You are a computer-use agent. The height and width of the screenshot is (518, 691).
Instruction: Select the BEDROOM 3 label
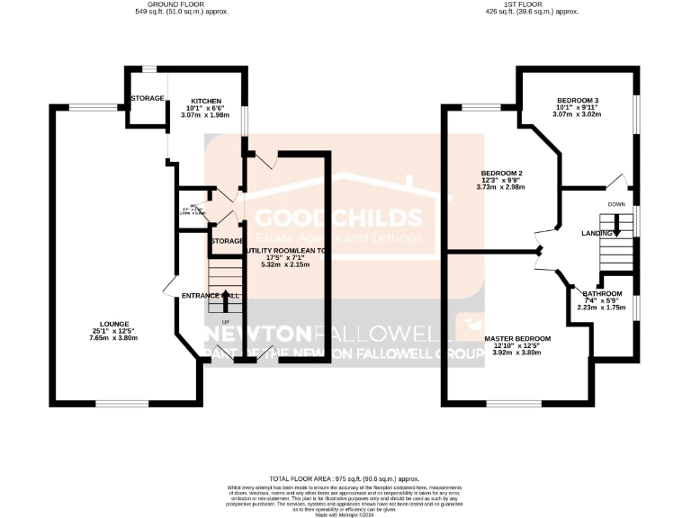click(x=578, y=100)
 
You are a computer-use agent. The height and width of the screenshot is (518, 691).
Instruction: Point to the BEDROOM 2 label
click(x=502, y=173)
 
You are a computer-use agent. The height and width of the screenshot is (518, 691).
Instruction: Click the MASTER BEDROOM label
click(x=517, y=338)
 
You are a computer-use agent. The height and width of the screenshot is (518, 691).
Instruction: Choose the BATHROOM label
click(x=602, y=294)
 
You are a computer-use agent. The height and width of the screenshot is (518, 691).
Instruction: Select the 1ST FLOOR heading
click(x=531, y=4)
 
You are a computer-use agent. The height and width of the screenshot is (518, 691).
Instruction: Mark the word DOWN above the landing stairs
click(x=615, y=204)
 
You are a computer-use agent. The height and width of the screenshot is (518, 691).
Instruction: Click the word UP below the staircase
click(x=213, y=322)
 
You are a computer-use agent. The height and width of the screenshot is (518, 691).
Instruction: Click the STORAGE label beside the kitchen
click(x=147, y=97)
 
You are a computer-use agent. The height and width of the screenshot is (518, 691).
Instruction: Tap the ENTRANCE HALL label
click(x=210, y=295)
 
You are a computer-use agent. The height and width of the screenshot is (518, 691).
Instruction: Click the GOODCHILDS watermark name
click(x=338, y=218)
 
